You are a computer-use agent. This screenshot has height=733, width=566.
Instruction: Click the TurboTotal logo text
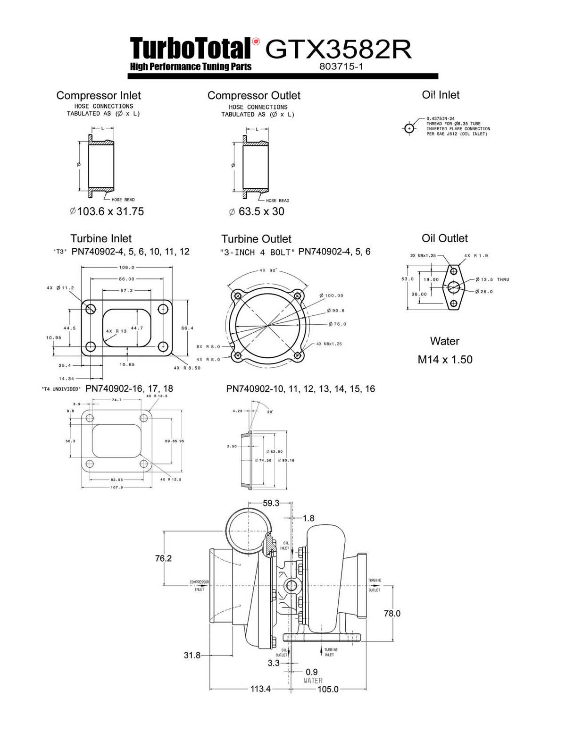point(190,49)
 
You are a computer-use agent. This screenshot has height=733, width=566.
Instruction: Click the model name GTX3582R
point(338,49)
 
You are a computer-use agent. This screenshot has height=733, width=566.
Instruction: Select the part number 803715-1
point(341,67)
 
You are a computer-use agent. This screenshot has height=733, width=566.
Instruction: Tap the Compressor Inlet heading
point(99,95)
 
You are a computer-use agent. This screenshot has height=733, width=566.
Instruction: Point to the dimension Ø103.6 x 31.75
point(107,211)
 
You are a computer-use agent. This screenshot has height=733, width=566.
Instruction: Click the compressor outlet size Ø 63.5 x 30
point(257,211)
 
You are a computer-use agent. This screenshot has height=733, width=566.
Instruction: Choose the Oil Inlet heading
point(441,95)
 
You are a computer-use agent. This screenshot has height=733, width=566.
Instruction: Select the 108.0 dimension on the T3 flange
point(126,267)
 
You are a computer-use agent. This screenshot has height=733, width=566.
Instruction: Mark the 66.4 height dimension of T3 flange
point(187,328)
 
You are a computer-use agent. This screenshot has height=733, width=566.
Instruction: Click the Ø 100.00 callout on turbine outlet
point(332,295)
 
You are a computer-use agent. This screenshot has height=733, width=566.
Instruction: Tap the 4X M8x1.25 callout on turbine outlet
point(329,344)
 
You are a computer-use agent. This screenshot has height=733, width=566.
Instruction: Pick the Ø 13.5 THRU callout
point(492,279)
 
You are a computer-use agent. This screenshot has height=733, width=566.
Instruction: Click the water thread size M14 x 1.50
point(445,360)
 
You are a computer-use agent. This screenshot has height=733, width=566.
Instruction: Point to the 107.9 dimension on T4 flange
point(117,488)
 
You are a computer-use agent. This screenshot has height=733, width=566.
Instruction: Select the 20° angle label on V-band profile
point(270,412)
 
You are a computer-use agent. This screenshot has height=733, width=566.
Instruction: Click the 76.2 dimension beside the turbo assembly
point(163,558)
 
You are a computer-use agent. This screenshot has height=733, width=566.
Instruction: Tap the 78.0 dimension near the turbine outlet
point(392,613)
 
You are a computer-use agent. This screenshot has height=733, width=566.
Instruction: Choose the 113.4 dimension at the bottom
point(260,689)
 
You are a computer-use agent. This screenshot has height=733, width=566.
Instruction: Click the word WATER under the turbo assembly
point(313,681)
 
